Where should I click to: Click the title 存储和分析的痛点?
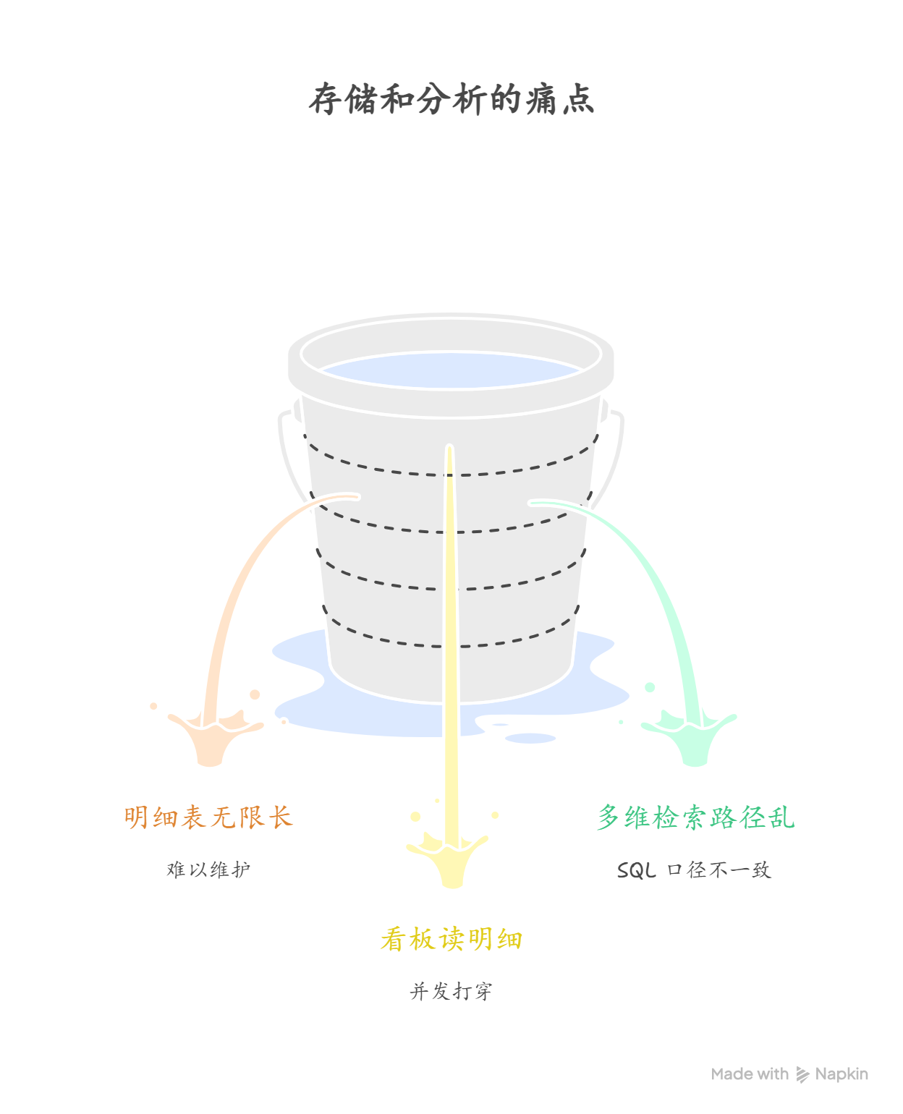pos(451,100)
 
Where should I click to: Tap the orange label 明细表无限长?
pos(208,817)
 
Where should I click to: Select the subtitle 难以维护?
pos(208,869)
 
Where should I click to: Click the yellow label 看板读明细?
pos(451,939)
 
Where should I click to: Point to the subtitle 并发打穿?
pos(451,990)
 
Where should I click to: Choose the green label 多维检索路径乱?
pos(695,817)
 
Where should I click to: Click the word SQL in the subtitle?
pos(636,870)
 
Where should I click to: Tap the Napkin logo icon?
pos(802,1074)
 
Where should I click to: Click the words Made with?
pos(750,1074)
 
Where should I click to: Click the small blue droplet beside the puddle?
pos(530,739)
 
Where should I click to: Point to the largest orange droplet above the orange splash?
pos(255,694)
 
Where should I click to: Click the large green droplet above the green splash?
pos(650,687)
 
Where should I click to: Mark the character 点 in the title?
pos(578,100)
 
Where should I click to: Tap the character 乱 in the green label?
pos(781,817)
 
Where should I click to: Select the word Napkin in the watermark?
pos(841,1074)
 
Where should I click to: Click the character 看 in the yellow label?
pos(393,939)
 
